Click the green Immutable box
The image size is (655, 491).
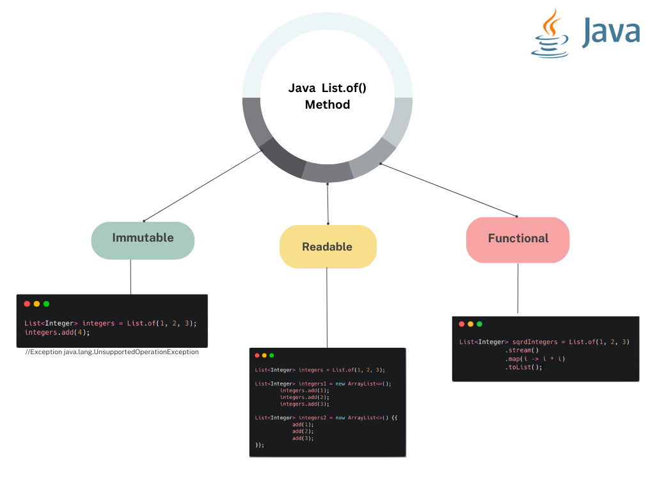[x=143, y=240]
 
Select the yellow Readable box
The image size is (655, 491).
[x=327, y=247]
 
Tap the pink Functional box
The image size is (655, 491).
[x=517, y=240]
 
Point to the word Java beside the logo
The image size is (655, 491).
[x=611, y=33]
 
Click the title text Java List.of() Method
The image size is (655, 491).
[x=327, y=96]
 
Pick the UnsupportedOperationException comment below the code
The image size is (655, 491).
[x=112, y=352]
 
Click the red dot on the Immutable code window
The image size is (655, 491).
[x=27, y=304]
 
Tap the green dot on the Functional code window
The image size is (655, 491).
[x=480, y=324]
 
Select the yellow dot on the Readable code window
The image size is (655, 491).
[x=264, y=355]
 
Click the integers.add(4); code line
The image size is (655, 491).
[x=58, y=332]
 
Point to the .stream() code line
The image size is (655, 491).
[x=522, y=350]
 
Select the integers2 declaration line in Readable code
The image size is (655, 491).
[x=326, y=417]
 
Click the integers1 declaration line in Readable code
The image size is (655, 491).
[x=323, y=384]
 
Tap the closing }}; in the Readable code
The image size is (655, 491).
[x=259, y=445]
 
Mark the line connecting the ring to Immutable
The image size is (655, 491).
[x=203, y=185]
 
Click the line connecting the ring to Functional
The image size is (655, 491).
[x=448, y=189]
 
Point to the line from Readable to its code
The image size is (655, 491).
[x=327, y=307]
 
